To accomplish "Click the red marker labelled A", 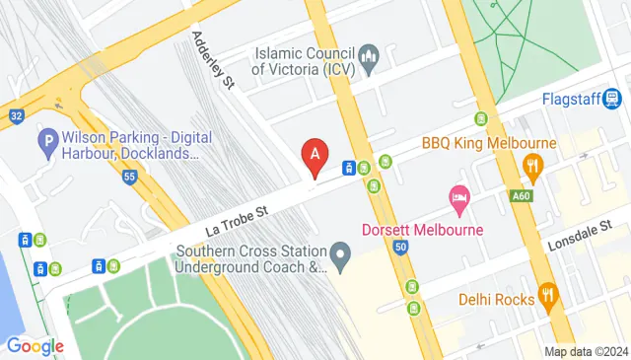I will [x=315, y=155].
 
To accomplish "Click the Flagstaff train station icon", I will [x=613, y=99].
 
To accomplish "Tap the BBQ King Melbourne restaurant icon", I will [x=534, y=166].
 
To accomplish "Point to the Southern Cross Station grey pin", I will [x=341, y=258].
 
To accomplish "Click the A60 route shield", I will [x=524, y=196].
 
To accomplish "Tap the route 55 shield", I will [x=129, y=177].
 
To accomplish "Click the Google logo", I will [x=35, y=346].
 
